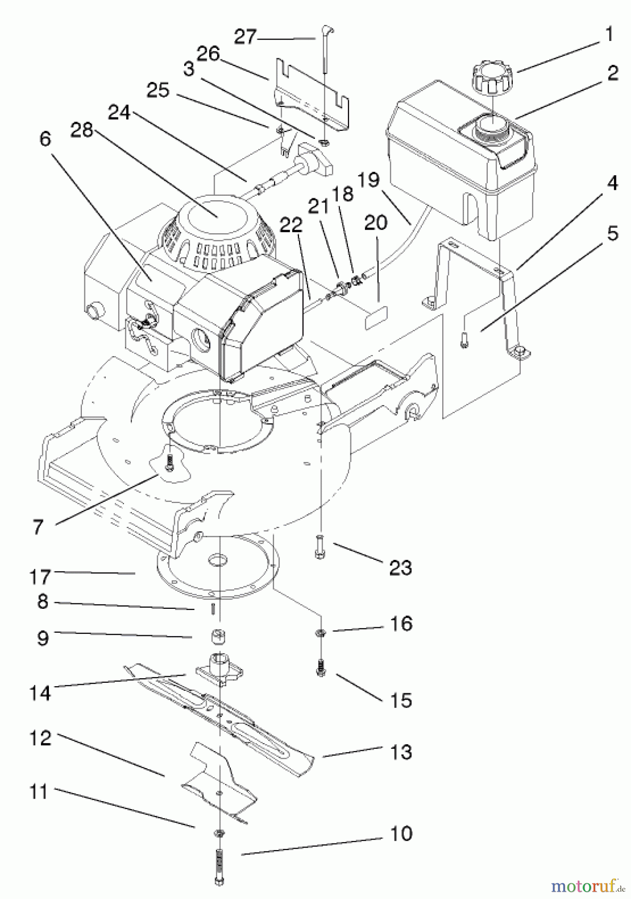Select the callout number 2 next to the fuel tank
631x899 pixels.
(x=612, y=73)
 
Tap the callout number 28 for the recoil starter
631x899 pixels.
(x=83, y=130)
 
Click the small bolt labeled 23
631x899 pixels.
(x=319, y=546)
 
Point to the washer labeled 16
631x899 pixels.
(x=319, y=633)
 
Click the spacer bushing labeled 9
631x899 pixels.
(x=218, y=638)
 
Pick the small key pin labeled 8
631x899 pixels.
(x=213, y=608)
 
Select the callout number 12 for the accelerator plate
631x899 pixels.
(x=40, y=738)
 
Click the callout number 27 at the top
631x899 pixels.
(x=245, y=37)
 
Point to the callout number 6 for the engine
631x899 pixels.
(x=45, y=139)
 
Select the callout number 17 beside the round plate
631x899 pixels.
(x=40, y=577)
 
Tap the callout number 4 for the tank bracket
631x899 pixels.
(x=612, y=183)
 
